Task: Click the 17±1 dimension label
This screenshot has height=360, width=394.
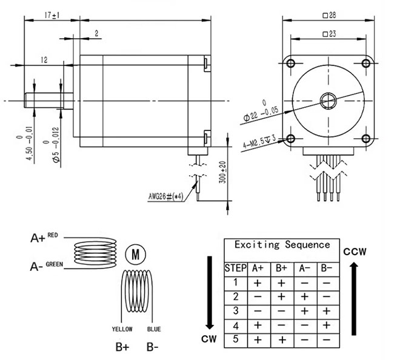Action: [x=52, y=15]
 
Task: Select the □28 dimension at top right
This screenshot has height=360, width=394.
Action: [x=329, y=15]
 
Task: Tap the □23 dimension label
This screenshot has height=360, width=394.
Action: [x=329, y=34]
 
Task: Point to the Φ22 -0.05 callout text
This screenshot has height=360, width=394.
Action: [x=261, y=112]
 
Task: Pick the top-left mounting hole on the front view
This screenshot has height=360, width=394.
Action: [x=291, y=63]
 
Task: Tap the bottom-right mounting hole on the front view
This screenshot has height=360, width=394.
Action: [x=366, y=138]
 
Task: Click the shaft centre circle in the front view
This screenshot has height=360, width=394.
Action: [x=328, y=101]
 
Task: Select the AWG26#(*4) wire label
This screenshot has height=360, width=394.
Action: [x=165, y=196]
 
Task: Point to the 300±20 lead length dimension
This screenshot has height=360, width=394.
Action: [x=223, y=172]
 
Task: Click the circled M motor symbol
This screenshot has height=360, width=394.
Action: [x=135, y=255]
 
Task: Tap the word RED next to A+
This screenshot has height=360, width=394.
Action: [x=53, y=235]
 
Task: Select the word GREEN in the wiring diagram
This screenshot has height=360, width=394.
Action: [x=55, y=264]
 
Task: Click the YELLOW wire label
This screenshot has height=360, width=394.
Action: [x=122, y=329]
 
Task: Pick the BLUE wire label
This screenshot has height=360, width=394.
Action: [x=154, y=329]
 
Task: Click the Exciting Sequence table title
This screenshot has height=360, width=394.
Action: [x=282, y=245]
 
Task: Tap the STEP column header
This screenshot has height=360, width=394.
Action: [x=235, y=268]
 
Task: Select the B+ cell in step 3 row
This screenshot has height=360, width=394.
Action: [x=282, y=312]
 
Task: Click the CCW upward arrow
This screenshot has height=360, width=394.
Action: [x=354, y=299]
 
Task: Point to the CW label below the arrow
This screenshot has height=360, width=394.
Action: [x=209, y=339]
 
